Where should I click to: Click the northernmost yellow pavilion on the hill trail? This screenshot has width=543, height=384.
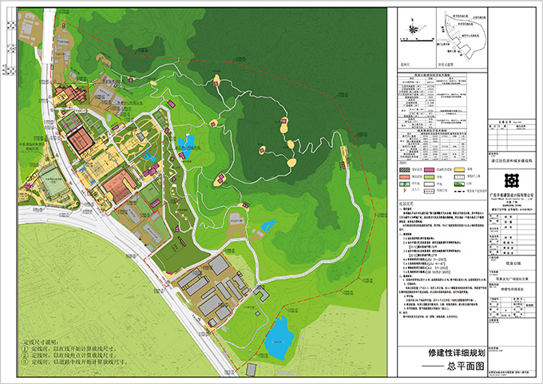[x=216, y=78]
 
